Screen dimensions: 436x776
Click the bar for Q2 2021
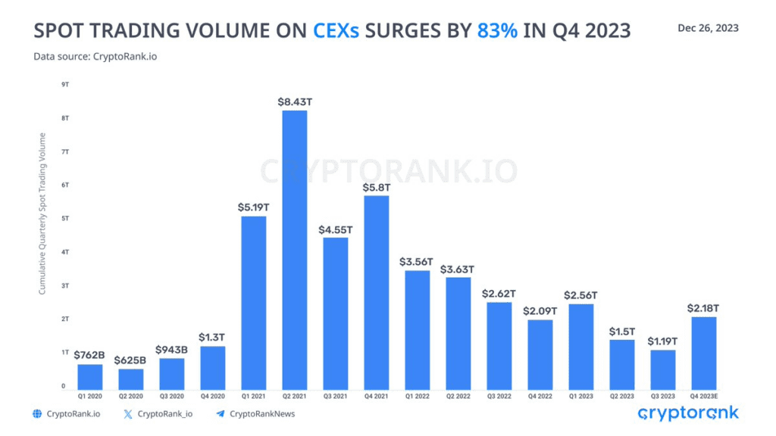click(295, 250)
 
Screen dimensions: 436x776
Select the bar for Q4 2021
click(377, 292)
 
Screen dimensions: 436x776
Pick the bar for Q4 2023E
click(704, 353)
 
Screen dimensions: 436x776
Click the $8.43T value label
click(295, 101)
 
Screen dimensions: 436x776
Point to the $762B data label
click(89, 353)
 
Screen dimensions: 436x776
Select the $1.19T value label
click(663, 341)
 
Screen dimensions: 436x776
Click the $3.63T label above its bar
click(458, 269)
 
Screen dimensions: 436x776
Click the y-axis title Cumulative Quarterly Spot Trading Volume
click(42, 213)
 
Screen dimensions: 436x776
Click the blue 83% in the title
click(498, 31)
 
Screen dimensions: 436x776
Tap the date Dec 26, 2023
click(709, 28)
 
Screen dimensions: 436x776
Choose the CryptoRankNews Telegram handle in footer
click(262, 414)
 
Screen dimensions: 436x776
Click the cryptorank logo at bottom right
click(687, 413)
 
